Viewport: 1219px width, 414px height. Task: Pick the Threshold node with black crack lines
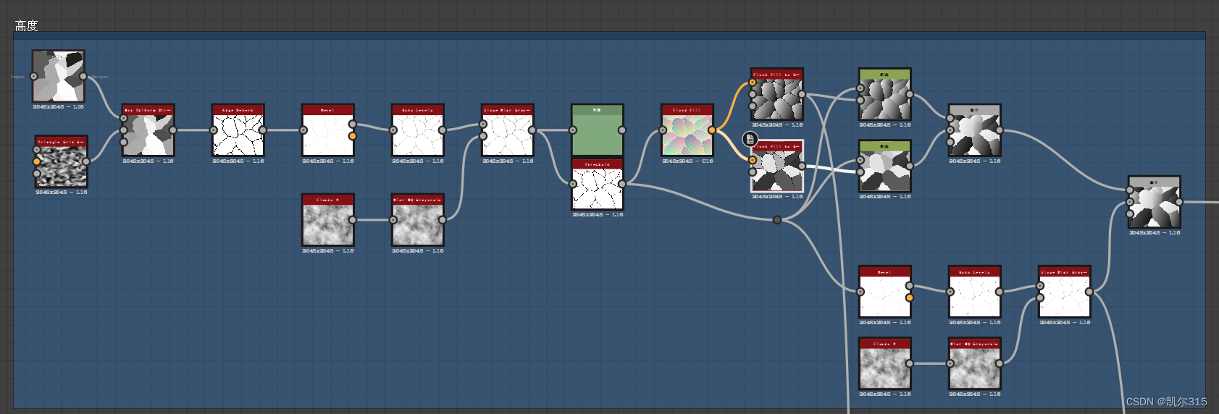pyautogui.click(x=598, y=187)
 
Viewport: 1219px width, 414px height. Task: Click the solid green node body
pyautogui.click(x=598, y=134)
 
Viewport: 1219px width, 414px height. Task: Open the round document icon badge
pyautogui.click(x=750, y=139)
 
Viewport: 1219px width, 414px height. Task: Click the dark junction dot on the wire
pyautogui.click(x=777, y=219)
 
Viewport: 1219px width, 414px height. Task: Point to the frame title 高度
pyautogui.click(x=26, y=25)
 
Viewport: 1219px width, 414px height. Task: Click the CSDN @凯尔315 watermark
pyautogui.click(x=1166, y=402)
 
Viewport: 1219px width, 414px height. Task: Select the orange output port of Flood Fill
pyautogui.click(x=712, y=130)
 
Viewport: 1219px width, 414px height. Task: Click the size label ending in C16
pyautogui.click(x=687, y=161)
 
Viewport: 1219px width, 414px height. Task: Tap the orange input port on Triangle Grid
pyautogui.click(x=37, y=161)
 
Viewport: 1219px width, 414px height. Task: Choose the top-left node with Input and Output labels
pyautogui.click(x=58, y=76)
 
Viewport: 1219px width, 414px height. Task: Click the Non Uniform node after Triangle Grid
pyautogui.click(x=148, y=134)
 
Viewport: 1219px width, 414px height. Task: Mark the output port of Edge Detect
pyautogui.click(x=263, y=130)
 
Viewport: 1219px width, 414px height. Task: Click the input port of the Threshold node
pyautogui.click(x=573, y=184)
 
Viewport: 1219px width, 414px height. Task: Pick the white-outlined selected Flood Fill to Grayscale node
pyautogui.click(x=777, y=169)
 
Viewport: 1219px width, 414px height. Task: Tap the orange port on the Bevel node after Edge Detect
pyautogui.click(x=353, y=136)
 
